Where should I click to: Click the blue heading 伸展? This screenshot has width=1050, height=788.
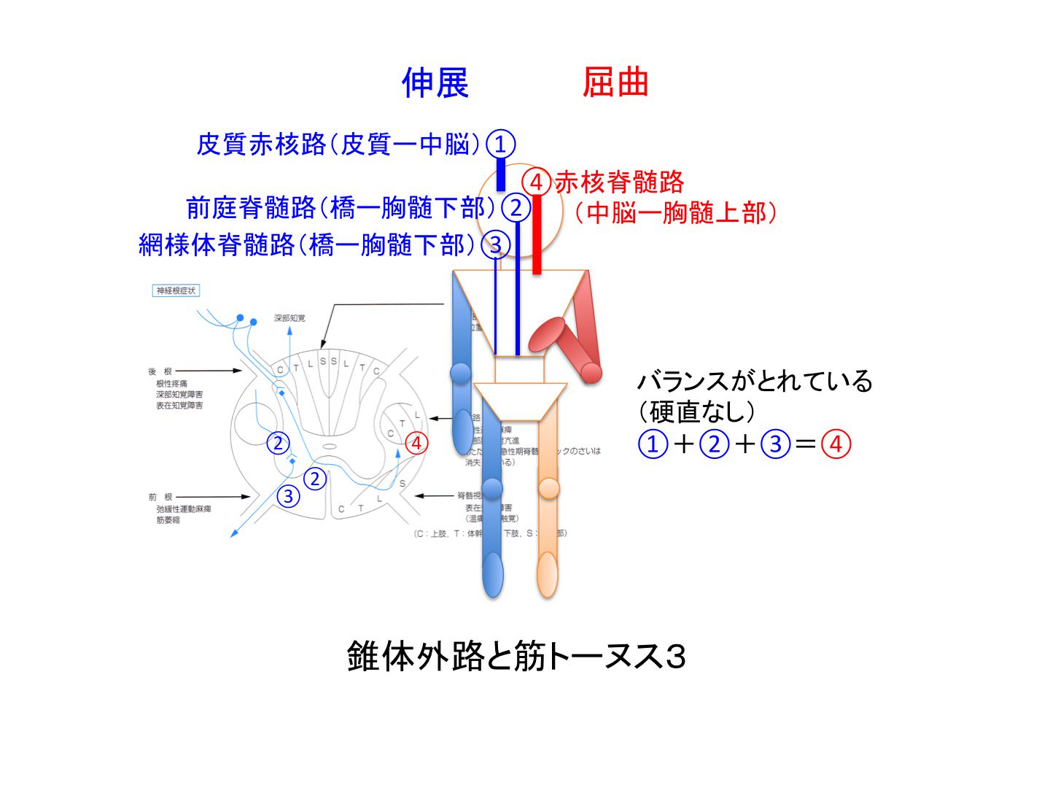coord(435,82)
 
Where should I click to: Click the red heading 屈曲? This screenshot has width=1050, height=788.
coord(615,82)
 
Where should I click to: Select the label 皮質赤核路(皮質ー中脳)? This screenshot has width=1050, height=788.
coord(338,144)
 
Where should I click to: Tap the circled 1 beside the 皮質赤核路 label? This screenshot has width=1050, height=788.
coord(500,144)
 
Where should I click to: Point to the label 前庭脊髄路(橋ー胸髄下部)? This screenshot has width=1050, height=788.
coord(336,208)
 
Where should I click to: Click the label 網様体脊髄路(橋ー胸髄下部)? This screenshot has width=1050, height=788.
coord(301,244)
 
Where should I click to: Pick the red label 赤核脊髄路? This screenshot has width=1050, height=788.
coord(619,182)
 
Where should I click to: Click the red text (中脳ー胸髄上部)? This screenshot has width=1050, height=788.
coord(675,213)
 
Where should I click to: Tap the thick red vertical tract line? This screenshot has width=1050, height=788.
coord(537,233)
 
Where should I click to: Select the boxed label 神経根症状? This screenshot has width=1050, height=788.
coord(176,290)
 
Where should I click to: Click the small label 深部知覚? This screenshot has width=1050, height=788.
coord(289,318)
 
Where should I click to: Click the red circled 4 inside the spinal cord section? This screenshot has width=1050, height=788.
coord(416,443)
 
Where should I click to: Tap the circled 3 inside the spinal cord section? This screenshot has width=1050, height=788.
coord(289,496)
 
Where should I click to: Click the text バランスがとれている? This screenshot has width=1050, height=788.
coord(755,381)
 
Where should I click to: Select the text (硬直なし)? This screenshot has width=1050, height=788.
coord(697,412)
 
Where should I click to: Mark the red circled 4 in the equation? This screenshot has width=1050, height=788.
coord(836,444)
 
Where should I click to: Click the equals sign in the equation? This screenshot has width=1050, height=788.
coord(805,444)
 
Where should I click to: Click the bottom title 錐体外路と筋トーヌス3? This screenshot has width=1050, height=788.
coord(516,657)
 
